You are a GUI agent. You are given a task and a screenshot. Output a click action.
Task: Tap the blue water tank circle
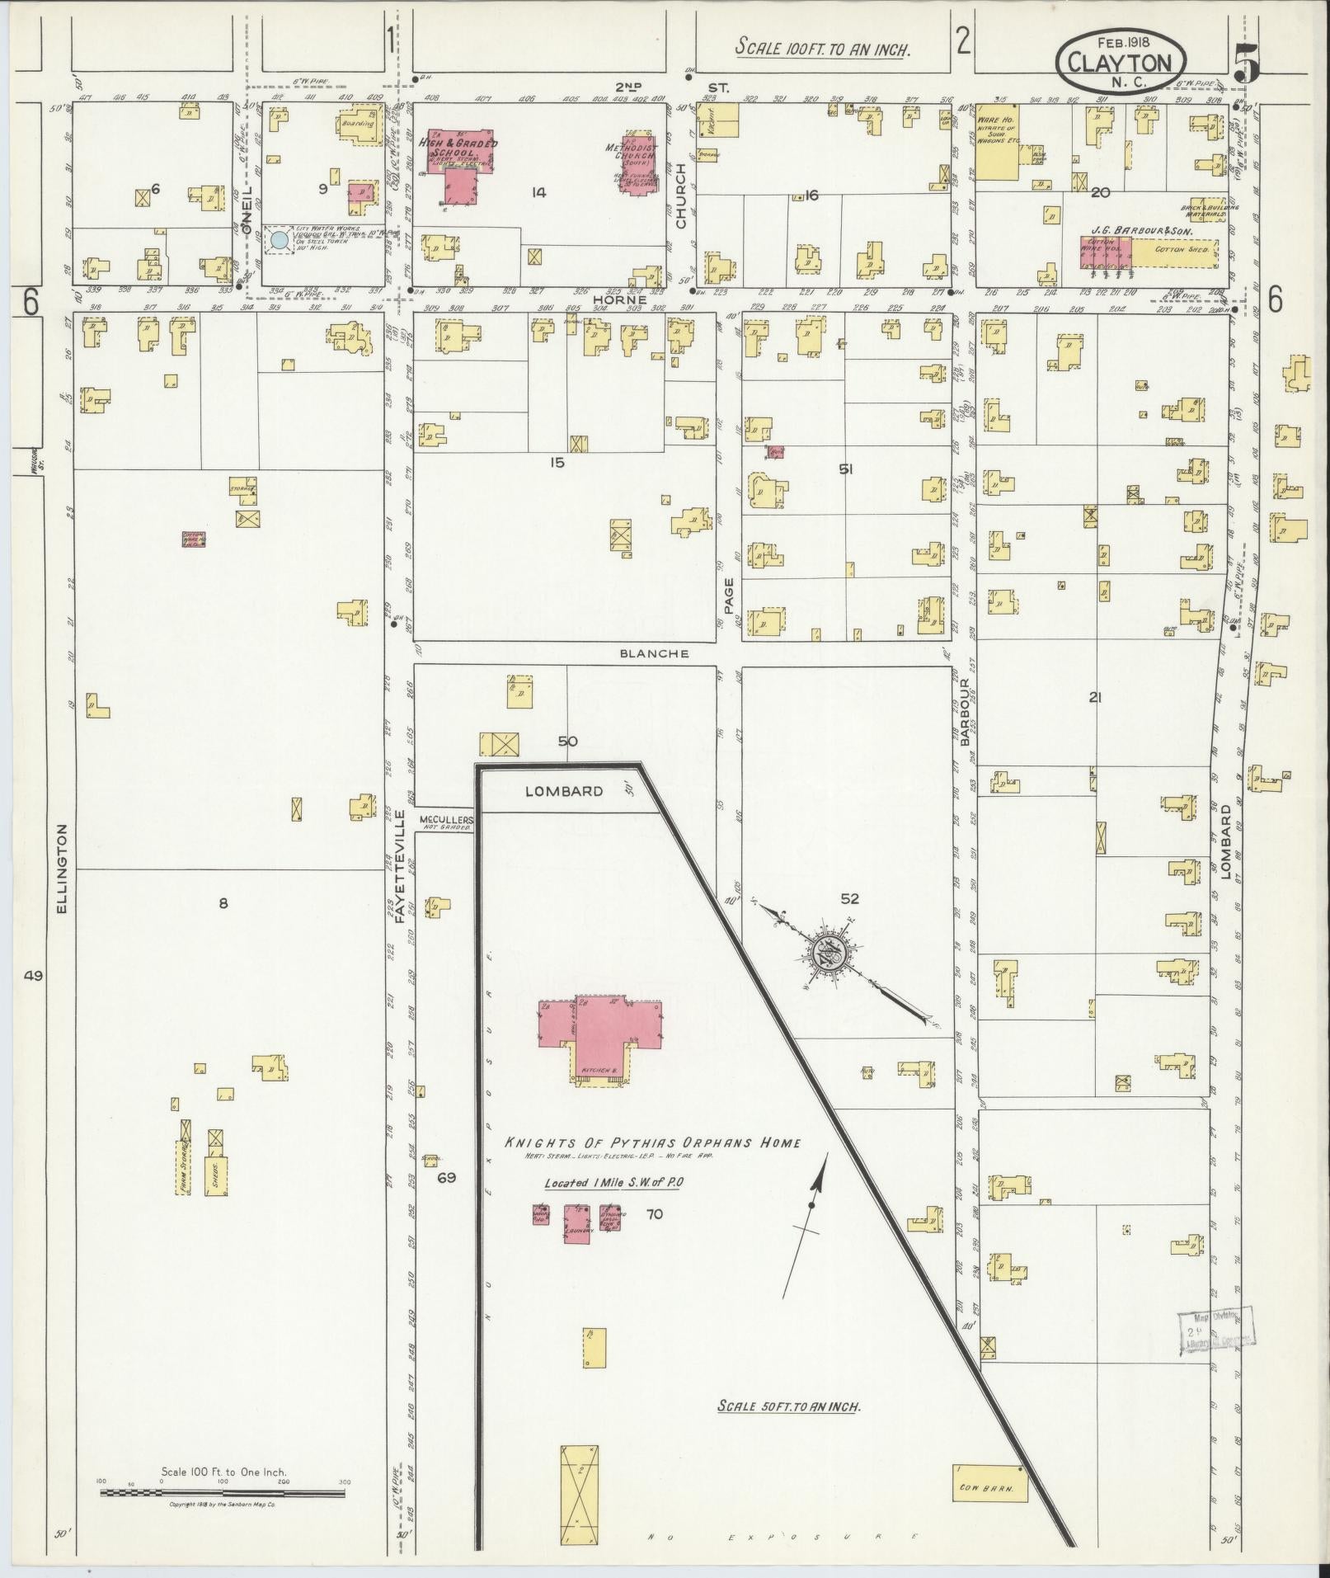point(280,240)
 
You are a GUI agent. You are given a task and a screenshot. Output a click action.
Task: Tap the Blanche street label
point(662,653)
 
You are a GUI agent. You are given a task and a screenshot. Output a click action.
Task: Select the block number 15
point(557,463)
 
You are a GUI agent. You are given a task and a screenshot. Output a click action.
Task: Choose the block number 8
point(222,903)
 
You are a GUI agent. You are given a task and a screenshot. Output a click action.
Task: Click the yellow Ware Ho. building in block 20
point(998,142)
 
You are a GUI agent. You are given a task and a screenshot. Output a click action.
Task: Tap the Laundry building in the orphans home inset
point(578,1223)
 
